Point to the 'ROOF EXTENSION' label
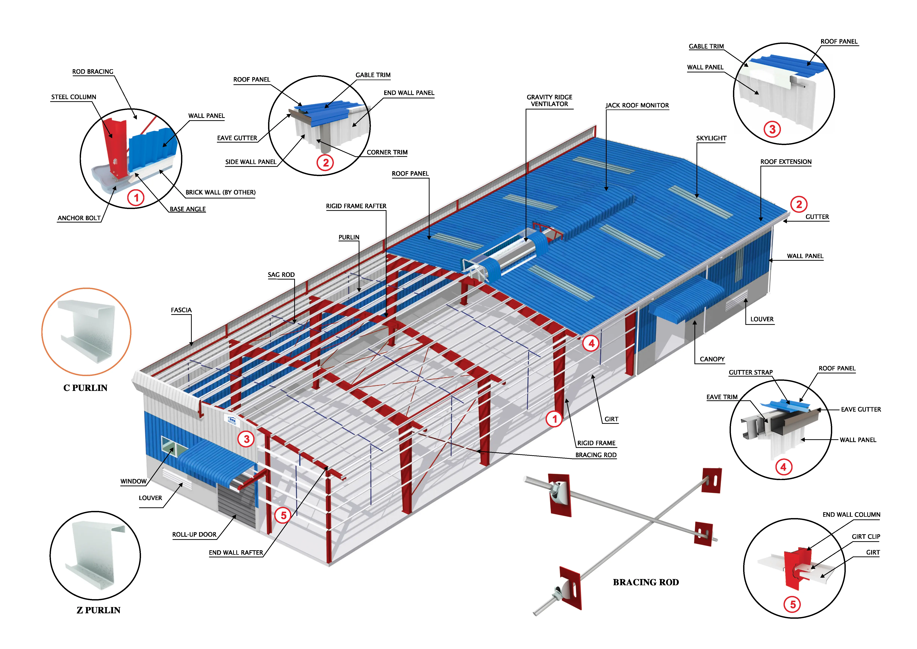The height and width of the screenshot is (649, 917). (x=786, y=162)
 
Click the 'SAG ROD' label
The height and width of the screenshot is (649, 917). (x=281, y=275)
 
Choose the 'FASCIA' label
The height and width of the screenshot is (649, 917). (x=181, y=310)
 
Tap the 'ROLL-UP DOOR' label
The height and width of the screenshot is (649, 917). (x=194, y=535)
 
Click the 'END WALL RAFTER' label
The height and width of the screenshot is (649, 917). (x=236, y=553)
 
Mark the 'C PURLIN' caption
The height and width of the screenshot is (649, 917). (x=86, y=388)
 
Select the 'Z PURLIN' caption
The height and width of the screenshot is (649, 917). (x=98, y=610)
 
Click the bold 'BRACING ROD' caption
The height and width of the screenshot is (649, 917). (x=646, y=582)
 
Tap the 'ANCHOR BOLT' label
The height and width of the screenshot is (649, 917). (x=79, y=218)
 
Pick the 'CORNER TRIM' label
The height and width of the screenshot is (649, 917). (x=387, y=153)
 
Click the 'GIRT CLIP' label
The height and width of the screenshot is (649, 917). (x=866, y=537)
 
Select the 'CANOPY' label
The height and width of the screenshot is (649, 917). (x=712, y=359)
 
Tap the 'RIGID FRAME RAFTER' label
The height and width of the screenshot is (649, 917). (x=356, y=206)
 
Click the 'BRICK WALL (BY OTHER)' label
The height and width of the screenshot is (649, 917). (x=221, y=193)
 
